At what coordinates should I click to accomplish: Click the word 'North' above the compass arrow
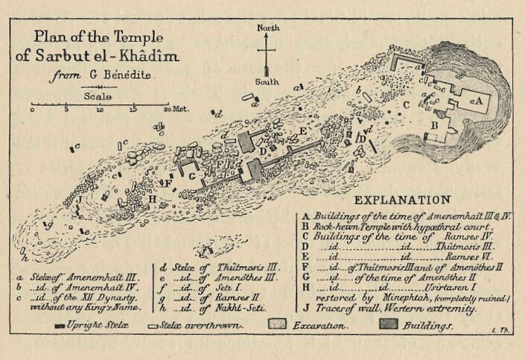click(268, 28)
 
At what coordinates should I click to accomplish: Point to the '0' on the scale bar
click(32, 110)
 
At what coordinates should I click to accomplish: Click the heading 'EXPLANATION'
click(401, 200)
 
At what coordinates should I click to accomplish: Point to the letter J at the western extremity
click(78, 200)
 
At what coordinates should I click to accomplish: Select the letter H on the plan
click(152, 199)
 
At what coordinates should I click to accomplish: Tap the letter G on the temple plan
click(191, 176)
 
